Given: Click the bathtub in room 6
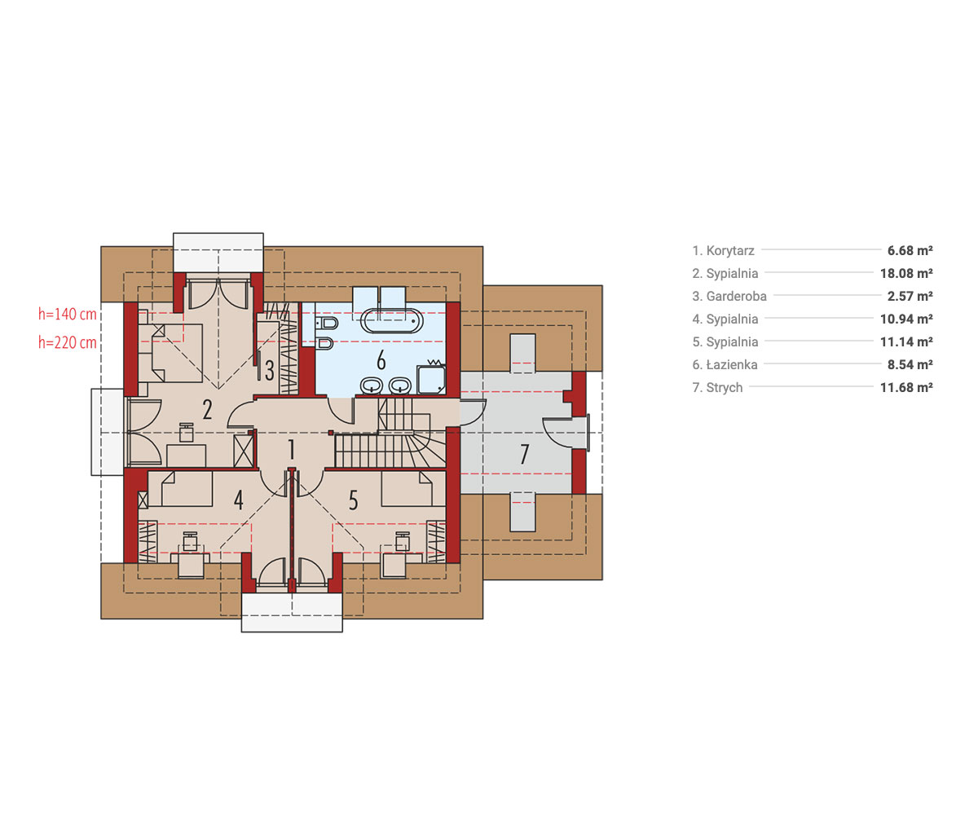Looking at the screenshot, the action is click(391, 321).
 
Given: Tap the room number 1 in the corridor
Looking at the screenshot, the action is click(291, 450).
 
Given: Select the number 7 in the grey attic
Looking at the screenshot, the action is click(525, 454).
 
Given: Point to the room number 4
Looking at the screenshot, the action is click(239, 500).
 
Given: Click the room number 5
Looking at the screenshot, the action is click(353, 500).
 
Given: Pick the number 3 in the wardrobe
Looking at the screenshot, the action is click(269, 371).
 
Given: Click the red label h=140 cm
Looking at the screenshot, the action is click(68, 314).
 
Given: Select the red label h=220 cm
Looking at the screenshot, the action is click(68, 342).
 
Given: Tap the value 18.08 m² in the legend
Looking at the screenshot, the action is click(906, 273).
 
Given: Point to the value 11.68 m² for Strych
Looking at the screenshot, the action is click(906, 387).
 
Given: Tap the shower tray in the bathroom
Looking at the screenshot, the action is click(431, 380).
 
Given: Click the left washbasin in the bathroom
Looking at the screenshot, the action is click(372, 385).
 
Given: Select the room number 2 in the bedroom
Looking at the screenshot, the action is click(208, 409).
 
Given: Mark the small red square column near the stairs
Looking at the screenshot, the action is click(331, 433).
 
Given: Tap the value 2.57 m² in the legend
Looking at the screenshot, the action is click(910, 296).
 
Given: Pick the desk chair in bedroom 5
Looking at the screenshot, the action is click(403, 541).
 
